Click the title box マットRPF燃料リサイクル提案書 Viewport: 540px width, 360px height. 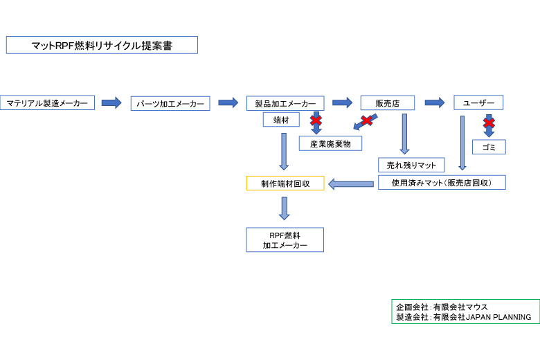(x=102, y=46)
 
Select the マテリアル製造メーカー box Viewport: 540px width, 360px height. (x=47, y=103)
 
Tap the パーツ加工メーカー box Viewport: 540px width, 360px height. (x=170, y=104)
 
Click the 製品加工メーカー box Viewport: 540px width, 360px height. (x=285, y=104)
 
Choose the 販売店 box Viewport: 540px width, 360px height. (x=388, y=103)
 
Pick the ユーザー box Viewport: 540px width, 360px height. (x=478, y=102)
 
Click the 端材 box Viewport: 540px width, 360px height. (x=281, y=120)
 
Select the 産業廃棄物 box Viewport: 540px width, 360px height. (x=330, y=144)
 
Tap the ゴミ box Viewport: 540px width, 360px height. (x=489, y=147)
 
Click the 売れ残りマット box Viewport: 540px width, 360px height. (x=411, y=165)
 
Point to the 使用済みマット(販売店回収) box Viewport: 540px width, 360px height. (x=442, y=183)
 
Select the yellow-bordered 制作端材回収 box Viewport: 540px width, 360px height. (x=285, y=183)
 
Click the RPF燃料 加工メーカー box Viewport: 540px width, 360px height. (x=285, y=240)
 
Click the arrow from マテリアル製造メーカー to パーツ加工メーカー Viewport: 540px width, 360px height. (x=111, y=103)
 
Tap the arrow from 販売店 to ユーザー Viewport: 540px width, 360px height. (x=434, y=102)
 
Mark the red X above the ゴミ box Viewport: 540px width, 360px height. (x=489, y=123)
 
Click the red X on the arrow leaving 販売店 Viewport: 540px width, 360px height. (x=367, y=121)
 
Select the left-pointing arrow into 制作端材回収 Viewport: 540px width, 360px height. (x=350, y=184)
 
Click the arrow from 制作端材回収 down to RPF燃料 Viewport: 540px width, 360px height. (x=284, y=208)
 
